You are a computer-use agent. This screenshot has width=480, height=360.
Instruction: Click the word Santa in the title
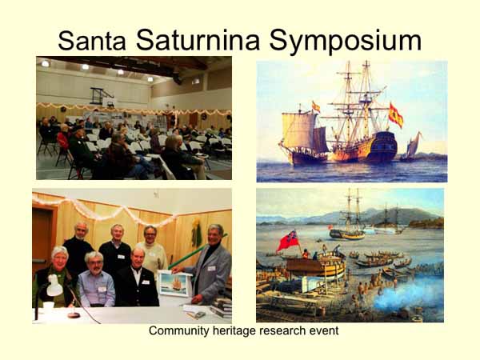[x=92, y=41]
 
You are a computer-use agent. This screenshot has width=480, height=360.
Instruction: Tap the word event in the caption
[x=322, y=330]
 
